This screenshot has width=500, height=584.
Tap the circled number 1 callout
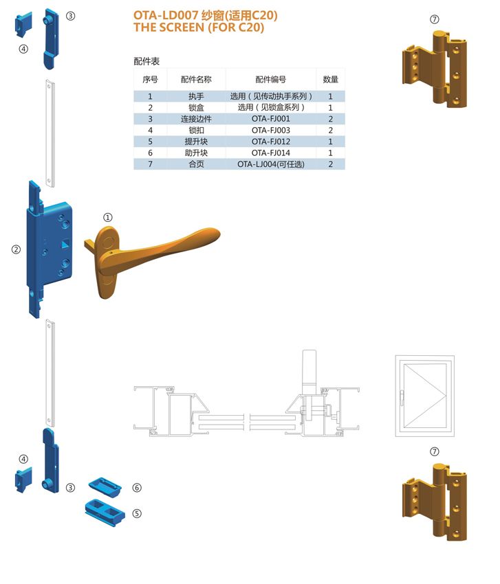coord(107,217)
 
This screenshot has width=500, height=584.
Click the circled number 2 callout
coord(16,249)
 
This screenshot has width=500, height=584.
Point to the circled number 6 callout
coord(137,488)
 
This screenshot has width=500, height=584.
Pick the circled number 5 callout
coord(137,513)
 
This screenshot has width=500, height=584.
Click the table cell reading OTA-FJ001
coord(271,119)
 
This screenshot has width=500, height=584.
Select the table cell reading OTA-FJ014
coord(271,153)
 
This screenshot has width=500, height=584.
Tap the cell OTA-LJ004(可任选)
coord(271,164)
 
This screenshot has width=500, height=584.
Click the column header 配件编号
coord(271,79)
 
